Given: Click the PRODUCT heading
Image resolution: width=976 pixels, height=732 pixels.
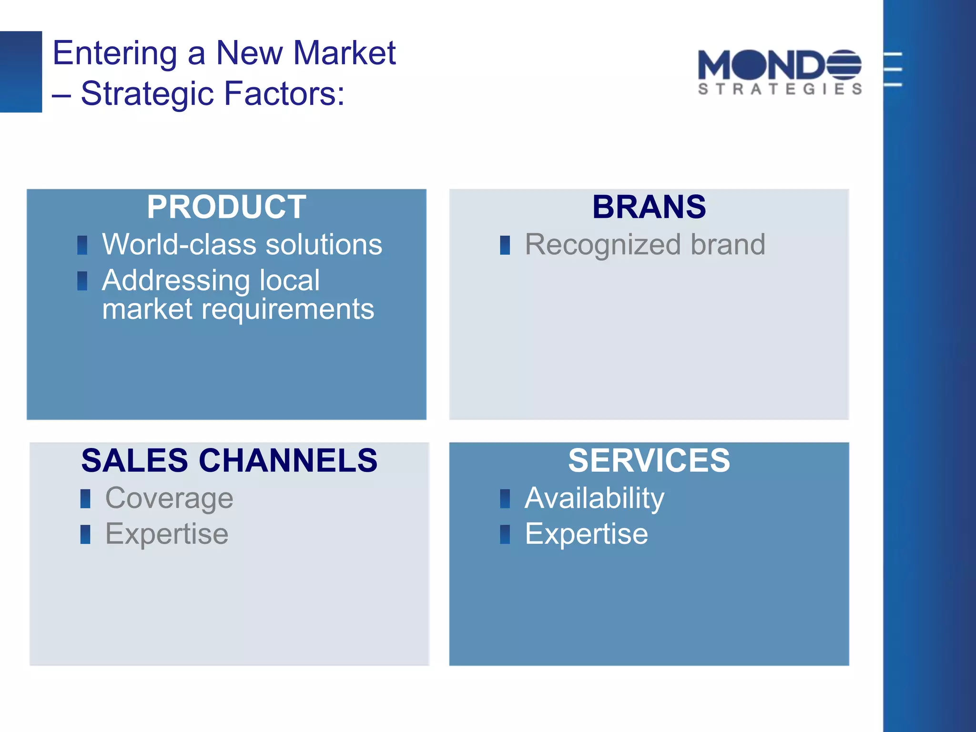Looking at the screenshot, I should [x=226, y=207].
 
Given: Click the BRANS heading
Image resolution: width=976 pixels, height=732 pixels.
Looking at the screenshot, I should [x=649, y=207].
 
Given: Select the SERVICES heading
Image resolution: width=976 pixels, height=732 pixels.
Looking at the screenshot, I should [x=649, y=461].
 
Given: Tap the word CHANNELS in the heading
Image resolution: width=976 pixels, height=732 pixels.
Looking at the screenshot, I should [x=288, y=461].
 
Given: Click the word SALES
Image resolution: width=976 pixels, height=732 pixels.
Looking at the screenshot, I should [x=134, y=461].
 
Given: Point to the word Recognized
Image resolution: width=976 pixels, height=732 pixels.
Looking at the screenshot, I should [x=602, y=245].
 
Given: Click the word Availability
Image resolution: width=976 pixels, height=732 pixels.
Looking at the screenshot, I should [x=594, y=498].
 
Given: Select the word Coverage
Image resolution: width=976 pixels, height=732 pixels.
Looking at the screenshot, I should [x=169, y=498].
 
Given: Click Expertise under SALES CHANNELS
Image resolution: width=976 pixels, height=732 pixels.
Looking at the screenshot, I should [x=167, y=534].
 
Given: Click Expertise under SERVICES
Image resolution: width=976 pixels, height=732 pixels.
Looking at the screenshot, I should [x=586, y=534].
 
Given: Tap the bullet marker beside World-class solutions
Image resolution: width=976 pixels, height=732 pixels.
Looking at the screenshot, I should [x=82, y=245].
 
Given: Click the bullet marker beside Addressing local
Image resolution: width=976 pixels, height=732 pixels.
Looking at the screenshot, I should [x=82, y=281].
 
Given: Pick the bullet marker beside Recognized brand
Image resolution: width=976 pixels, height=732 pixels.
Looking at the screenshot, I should [x=505, y=245].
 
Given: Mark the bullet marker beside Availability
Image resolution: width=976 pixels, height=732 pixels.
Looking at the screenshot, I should [x=505, y=499].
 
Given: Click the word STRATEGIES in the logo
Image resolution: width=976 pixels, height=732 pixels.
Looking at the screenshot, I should [x=780, y=89].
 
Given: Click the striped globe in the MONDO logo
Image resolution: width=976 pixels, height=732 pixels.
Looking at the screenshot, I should [x=844, y=65].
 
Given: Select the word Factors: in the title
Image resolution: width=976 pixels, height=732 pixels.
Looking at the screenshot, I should [x=284, y=93].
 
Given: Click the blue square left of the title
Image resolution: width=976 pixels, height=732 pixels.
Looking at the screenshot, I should [x=21, y=72].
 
